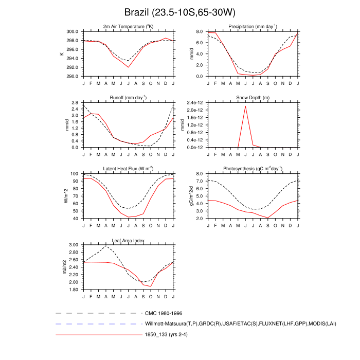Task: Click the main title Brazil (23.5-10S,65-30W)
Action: [x=180, y=12]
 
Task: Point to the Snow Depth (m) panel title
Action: [x=245, y=97]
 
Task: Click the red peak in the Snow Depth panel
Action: [x=245, y=106]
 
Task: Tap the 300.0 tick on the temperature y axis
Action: [x=72, y=31]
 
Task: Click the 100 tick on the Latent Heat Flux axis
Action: [x=75, y=174]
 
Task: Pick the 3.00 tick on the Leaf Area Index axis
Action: [x=73, y=245]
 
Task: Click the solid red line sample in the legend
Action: [x=98, y=335]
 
